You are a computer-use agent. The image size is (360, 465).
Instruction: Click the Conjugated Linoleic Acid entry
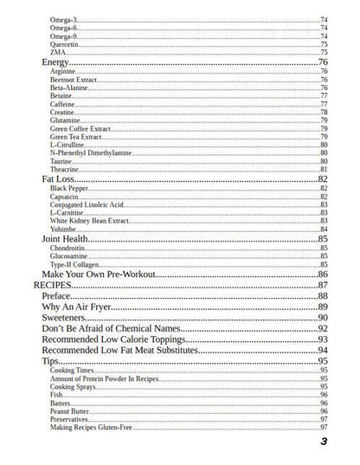point(87,204)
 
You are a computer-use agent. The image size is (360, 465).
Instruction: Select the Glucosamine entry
point(69,256)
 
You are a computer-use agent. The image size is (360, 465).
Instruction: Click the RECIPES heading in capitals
point(51,285)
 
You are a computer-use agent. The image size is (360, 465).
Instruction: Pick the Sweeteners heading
point(66,318)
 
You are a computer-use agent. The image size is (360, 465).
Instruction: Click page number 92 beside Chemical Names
point(322,329)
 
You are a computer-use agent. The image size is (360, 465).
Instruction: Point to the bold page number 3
point(323,442)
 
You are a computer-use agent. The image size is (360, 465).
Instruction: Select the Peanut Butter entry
point(72,410)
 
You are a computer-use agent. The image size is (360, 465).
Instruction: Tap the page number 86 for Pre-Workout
point(322,274)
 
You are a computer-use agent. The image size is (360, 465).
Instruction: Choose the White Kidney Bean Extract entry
point(88,221)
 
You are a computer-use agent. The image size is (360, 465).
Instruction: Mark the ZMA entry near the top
point(58,51)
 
